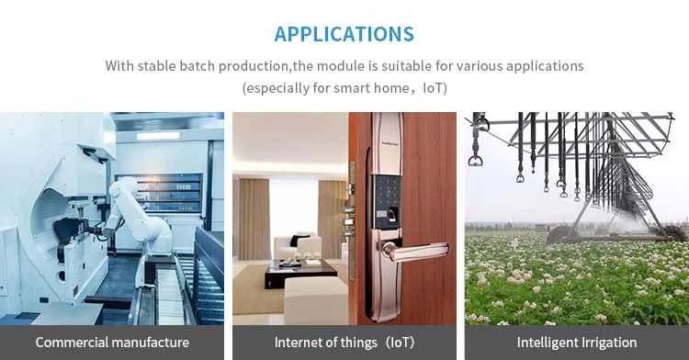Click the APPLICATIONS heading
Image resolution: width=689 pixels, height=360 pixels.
(344, 34)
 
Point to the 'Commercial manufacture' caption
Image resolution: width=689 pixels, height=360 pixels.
(112, 342)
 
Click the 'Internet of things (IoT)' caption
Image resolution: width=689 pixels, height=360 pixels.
(344, 342)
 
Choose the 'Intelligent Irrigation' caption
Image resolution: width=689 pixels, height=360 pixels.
(577, 342)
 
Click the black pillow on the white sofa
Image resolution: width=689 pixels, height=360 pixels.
(294, 240)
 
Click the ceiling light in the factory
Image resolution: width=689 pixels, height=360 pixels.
(158, 136)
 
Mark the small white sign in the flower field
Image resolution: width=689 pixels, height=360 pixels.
(514, 242)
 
